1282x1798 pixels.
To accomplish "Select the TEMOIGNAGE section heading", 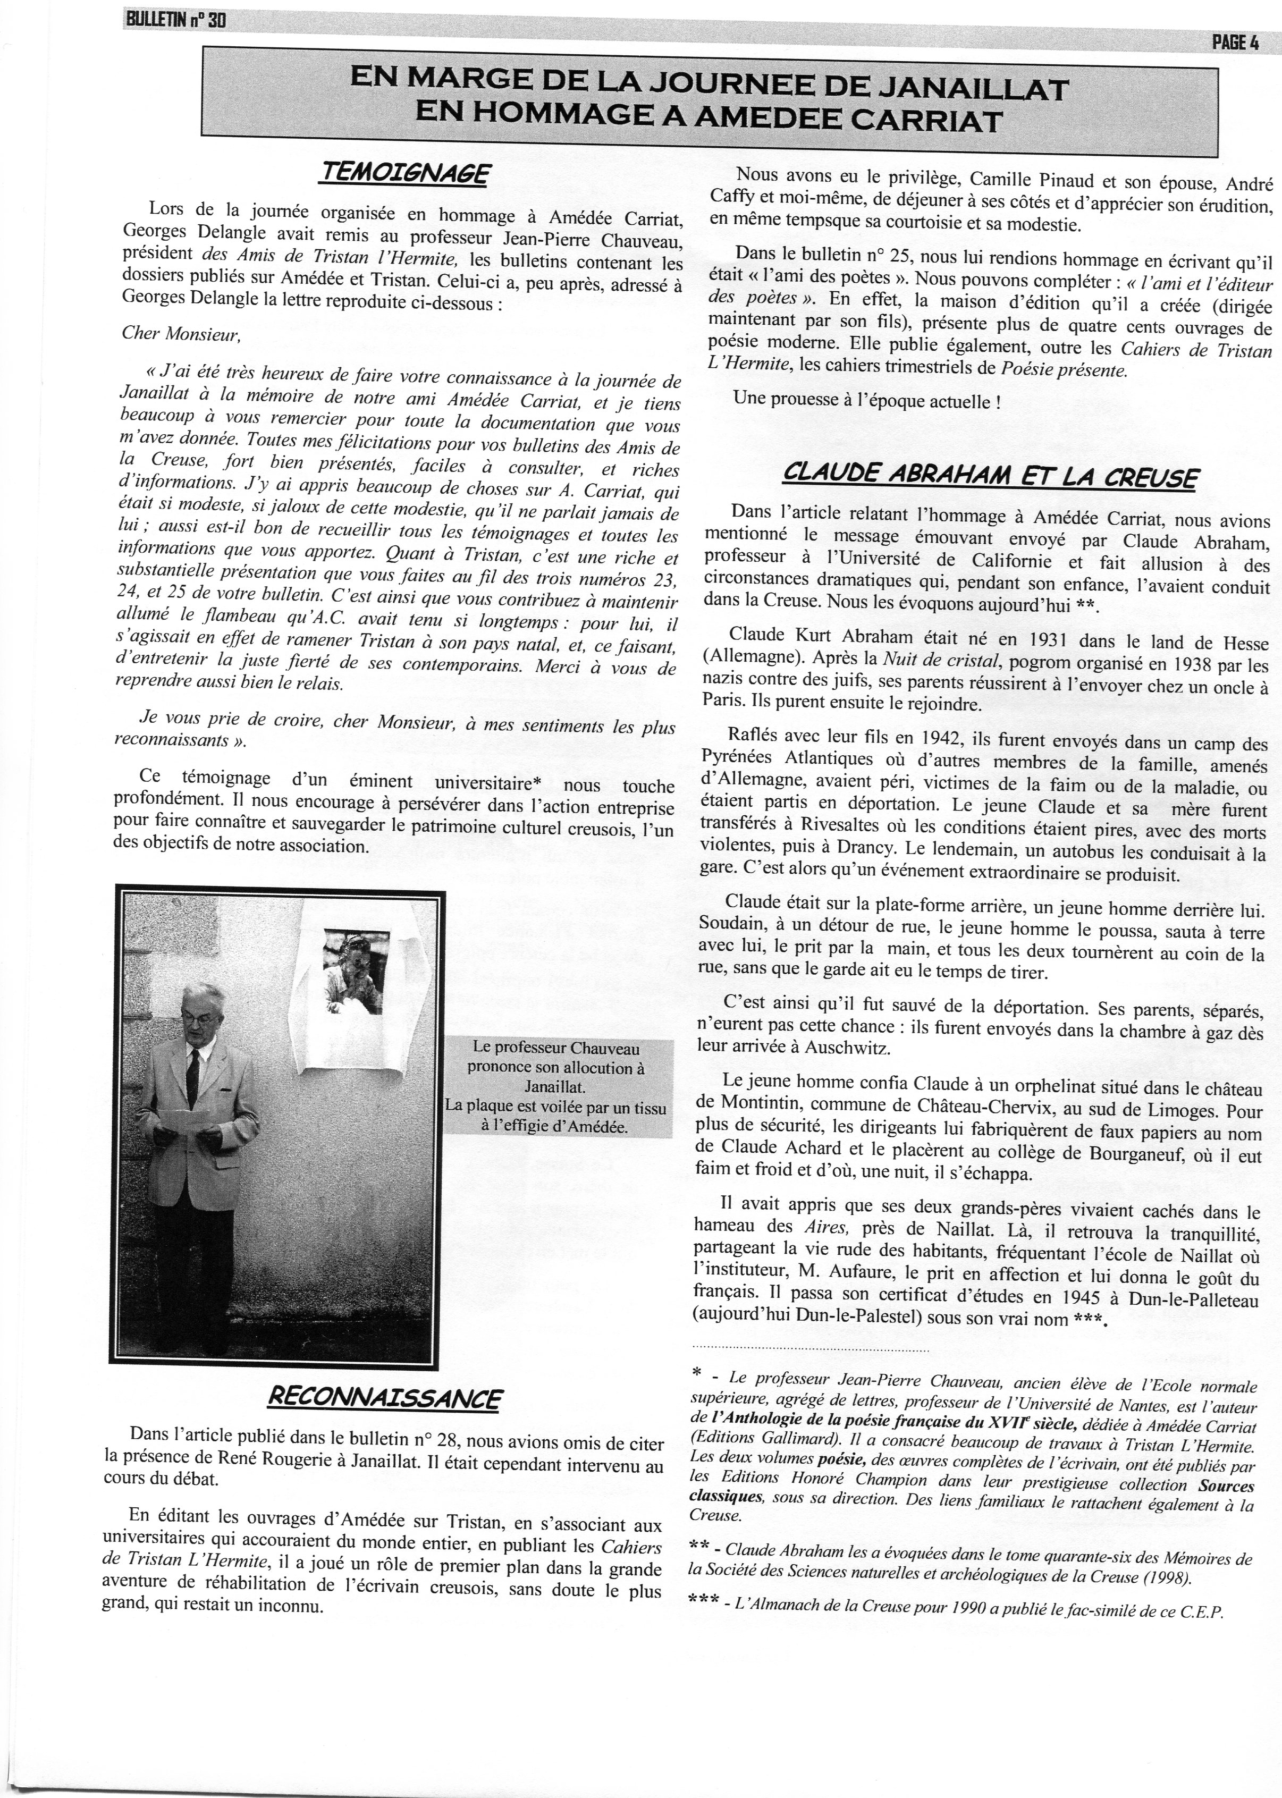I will (x=404, y=173).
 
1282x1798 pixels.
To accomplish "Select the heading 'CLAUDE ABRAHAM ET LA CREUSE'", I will (x=990, y=477).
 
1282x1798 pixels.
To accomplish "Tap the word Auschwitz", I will (x=864, y=1048).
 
